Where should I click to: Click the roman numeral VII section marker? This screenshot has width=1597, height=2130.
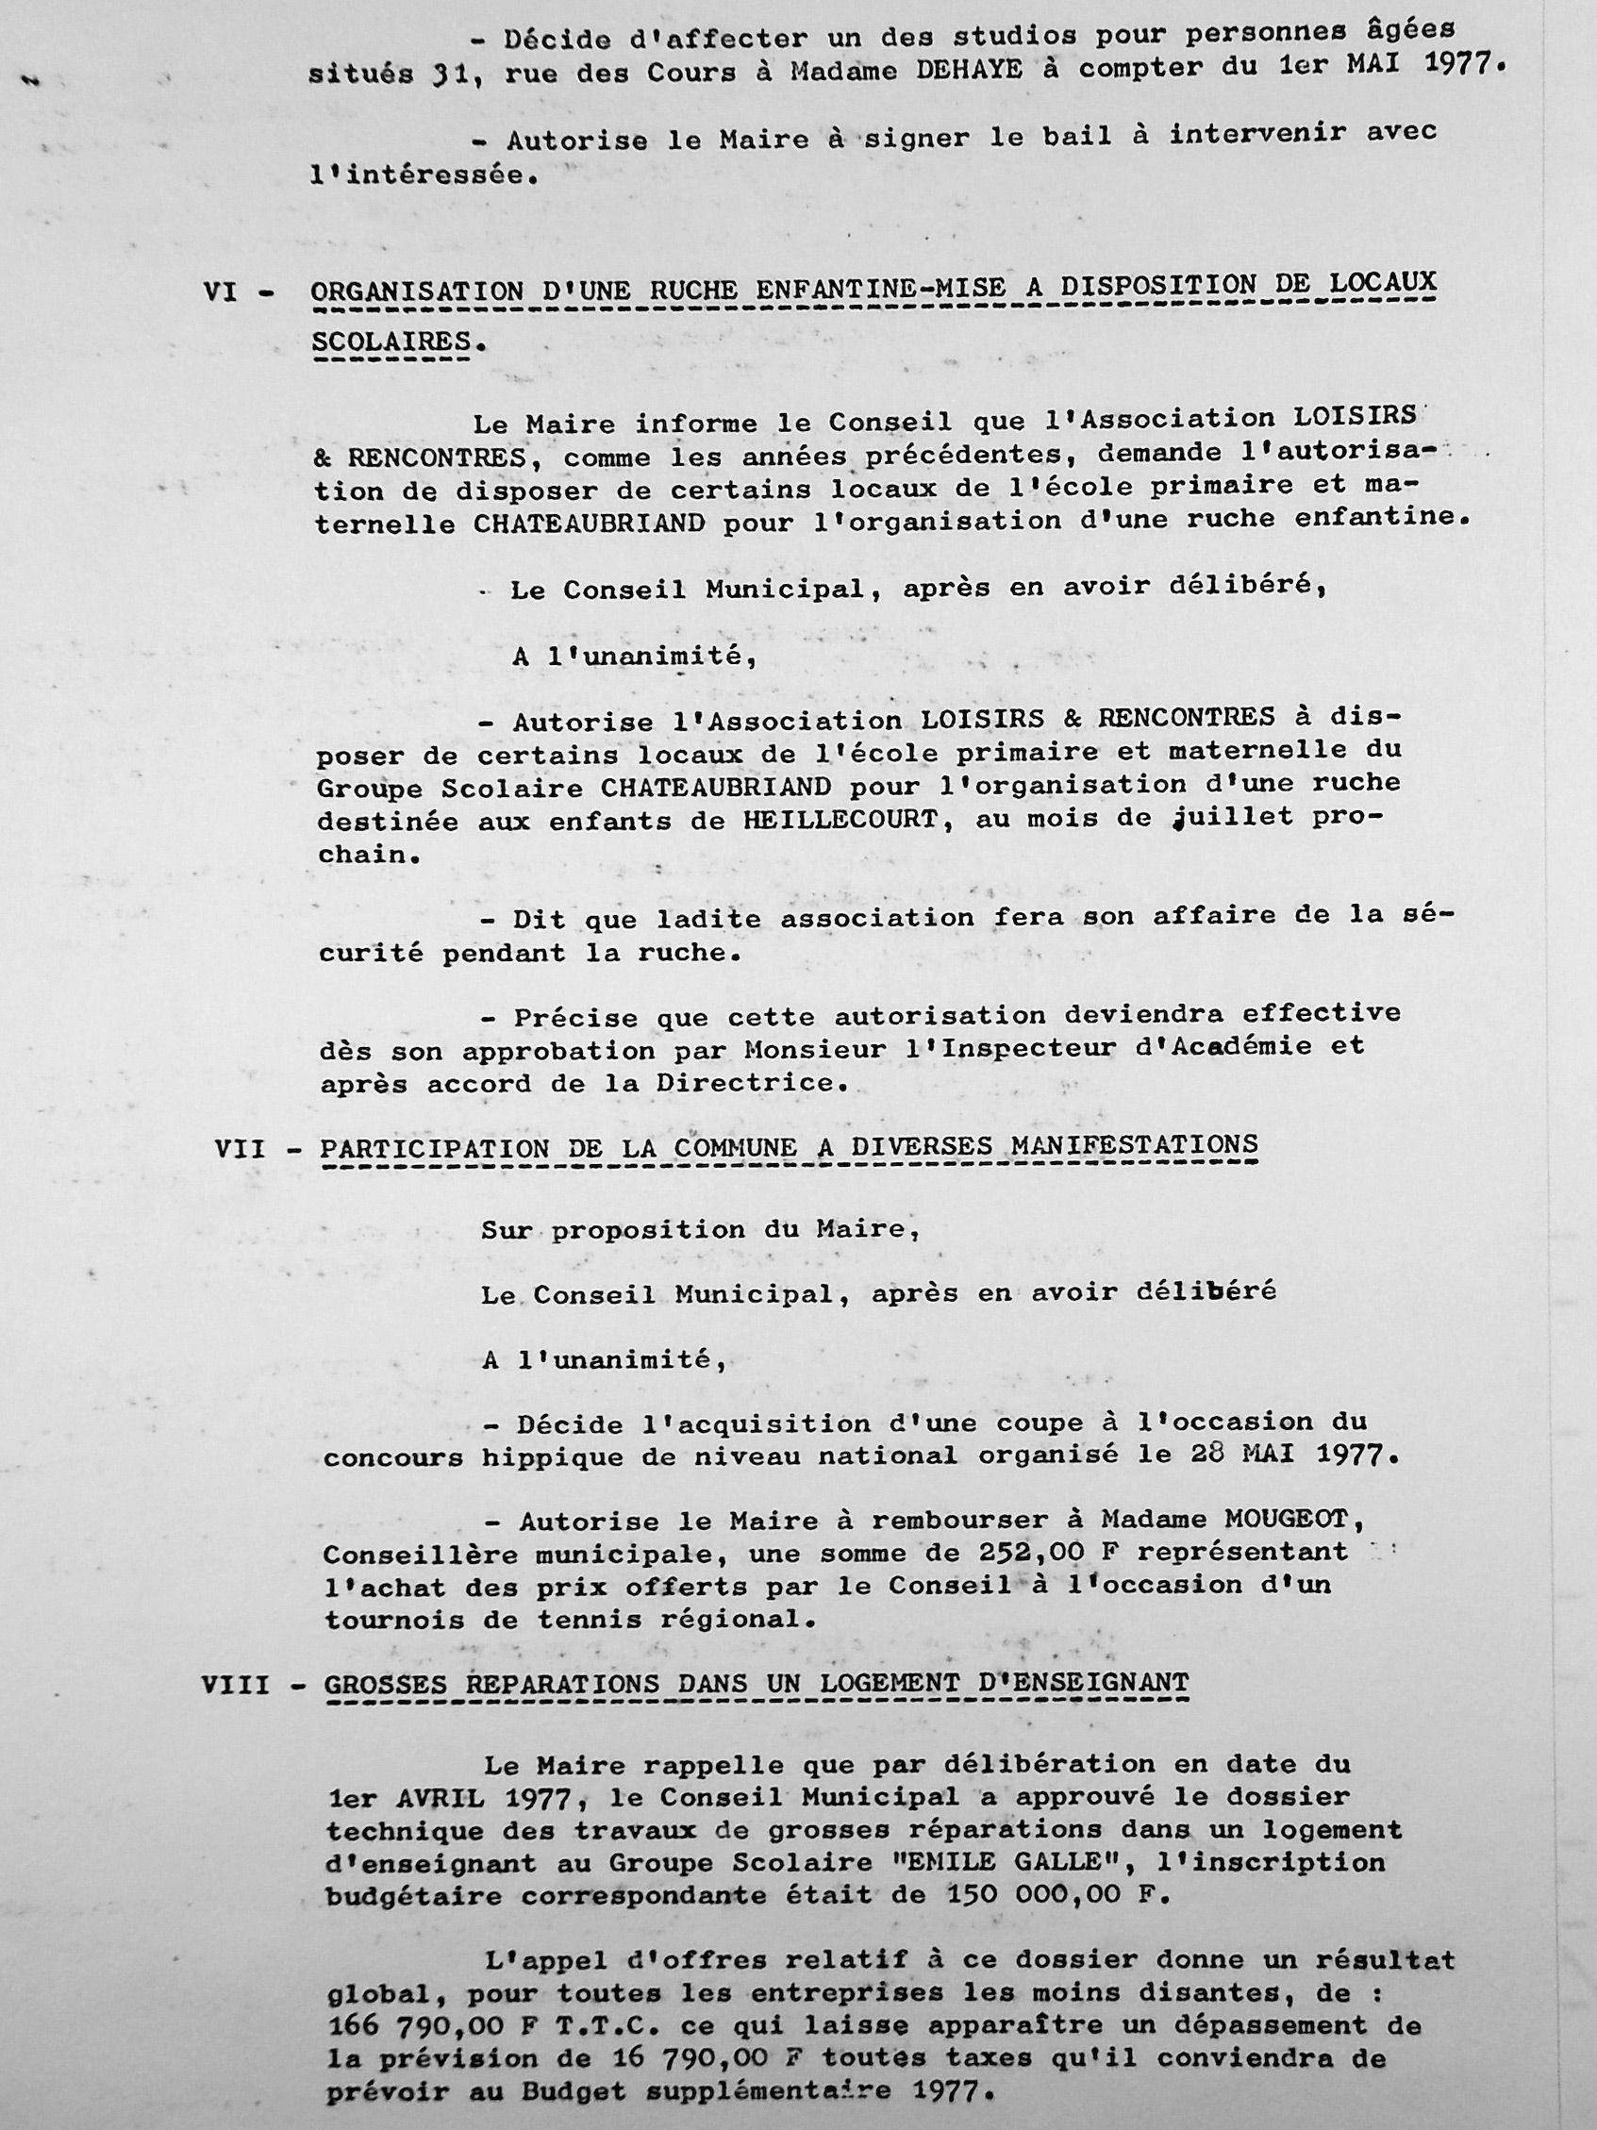(240, 1149)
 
